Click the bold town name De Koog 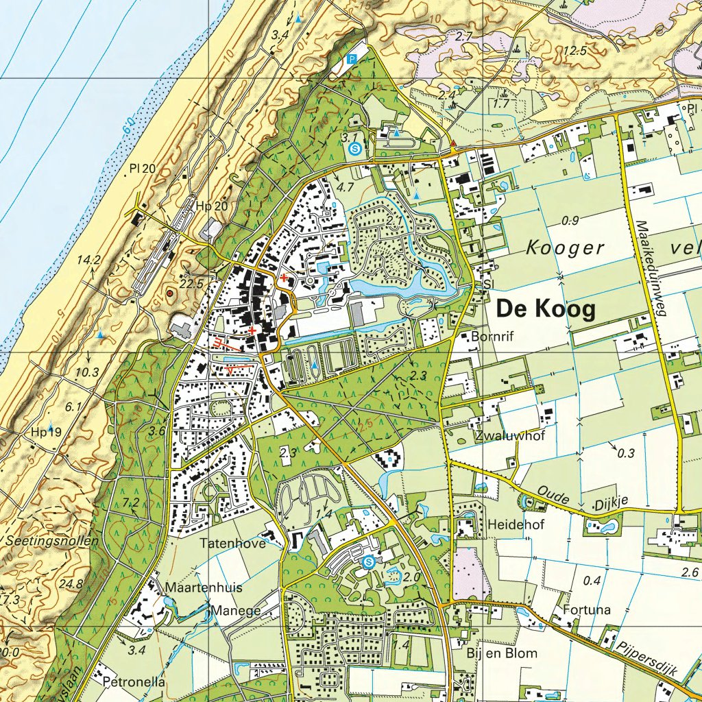tap(546, 310)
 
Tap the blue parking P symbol tap(352, 60)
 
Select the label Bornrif tap(492, 337)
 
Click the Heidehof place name tap(512, 524)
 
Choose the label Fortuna tap(586, 609)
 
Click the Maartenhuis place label tap(204, 588)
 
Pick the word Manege tap(236, 610)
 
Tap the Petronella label tap(134, 682)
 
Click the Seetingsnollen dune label tap(52, 540)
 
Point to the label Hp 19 tap(46, 432)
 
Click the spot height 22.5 tap(193, 283)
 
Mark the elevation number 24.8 tap(71, 584)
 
